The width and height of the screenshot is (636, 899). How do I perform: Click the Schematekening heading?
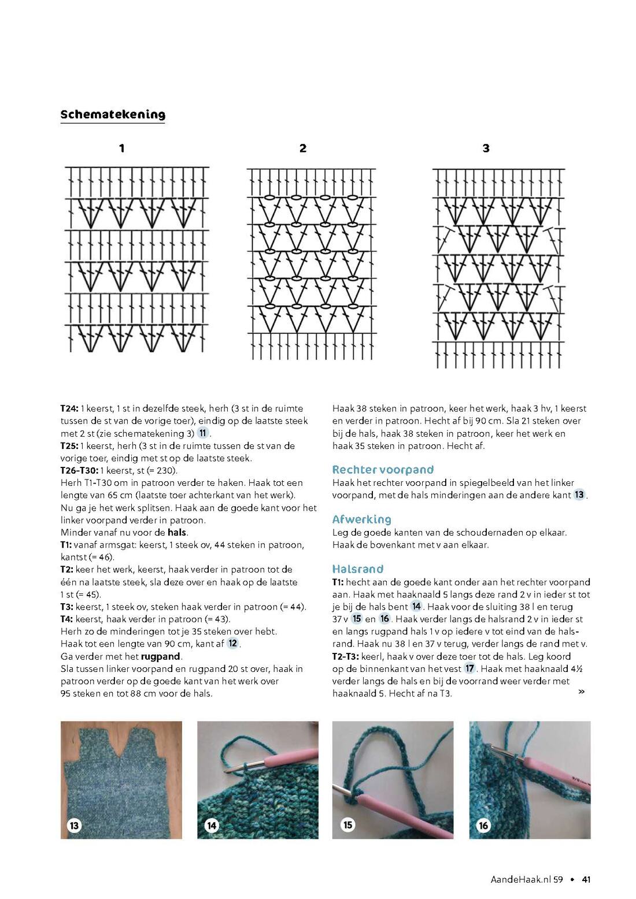pyautogui.click(x=113, y=115)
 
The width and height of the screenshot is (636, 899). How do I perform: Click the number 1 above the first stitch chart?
pyautogui.click(x=121, y=148)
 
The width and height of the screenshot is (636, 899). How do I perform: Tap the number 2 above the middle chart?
pyautogui.click(x=303, y=148)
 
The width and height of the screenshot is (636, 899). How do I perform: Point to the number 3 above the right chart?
pyautogui.click(x=486, y=148)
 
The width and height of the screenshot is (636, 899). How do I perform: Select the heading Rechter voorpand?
pyautogui.click(x=383, y=470)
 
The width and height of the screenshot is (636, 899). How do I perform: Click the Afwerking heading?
pyautogui.click(x=361, y=519)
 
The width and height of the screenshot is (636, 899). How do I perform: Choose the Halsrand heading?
pyautogui.click(x=358, y=569)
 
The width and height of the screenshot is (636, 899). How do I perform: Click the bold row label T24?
pyautogui.click(x=69, y=408)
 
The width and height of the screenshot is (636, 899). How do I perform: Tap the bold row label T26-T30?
pyautogui.click(x=79, y=470)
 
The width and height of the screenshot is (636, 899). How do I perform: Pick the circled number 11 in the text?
pyautogui.click(x=203, y=433)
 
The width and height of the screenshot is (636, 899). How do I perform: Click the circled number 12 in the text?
pyautogui.click(x=233, y=644)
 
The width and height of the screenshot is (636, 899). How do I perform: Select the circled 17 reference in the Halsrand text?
pyautogui.click(x=469, y=668)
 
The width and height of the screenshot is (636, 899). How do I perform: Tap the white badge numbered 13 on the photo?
pyautogui.click(x=74, y=826)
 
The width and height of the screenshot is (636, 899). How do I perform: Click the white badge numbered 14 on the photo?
pyautogui.click(x=211, y=826)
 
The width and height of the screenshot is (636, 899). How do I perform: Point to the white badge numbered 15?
pyautogui.click(x=347, y=825)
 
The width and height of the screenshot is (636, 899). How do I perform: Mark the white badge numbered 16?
pyautogui.click(x=483, y=826)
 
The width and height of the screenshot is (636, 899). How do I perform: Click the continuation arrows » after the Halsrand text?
pyautogui.click(x=581, y=692)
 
